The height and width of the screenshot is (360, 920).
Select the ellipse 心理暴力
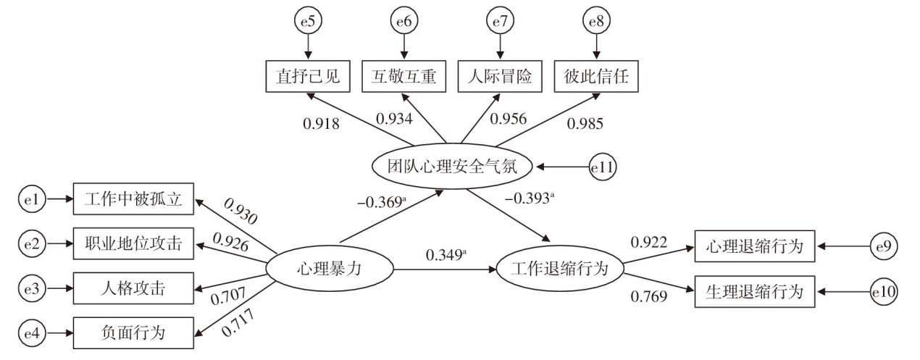click(330, 269)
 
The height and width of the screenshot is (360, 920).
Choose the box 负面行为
click(133, 333)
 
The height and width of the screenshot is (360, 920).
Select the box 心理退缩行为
click(753, 246)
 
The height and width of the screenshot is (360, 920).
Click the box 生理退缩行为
click(753, 293)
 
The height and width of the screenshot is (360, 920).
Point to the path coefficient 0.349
click(446, 255)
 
